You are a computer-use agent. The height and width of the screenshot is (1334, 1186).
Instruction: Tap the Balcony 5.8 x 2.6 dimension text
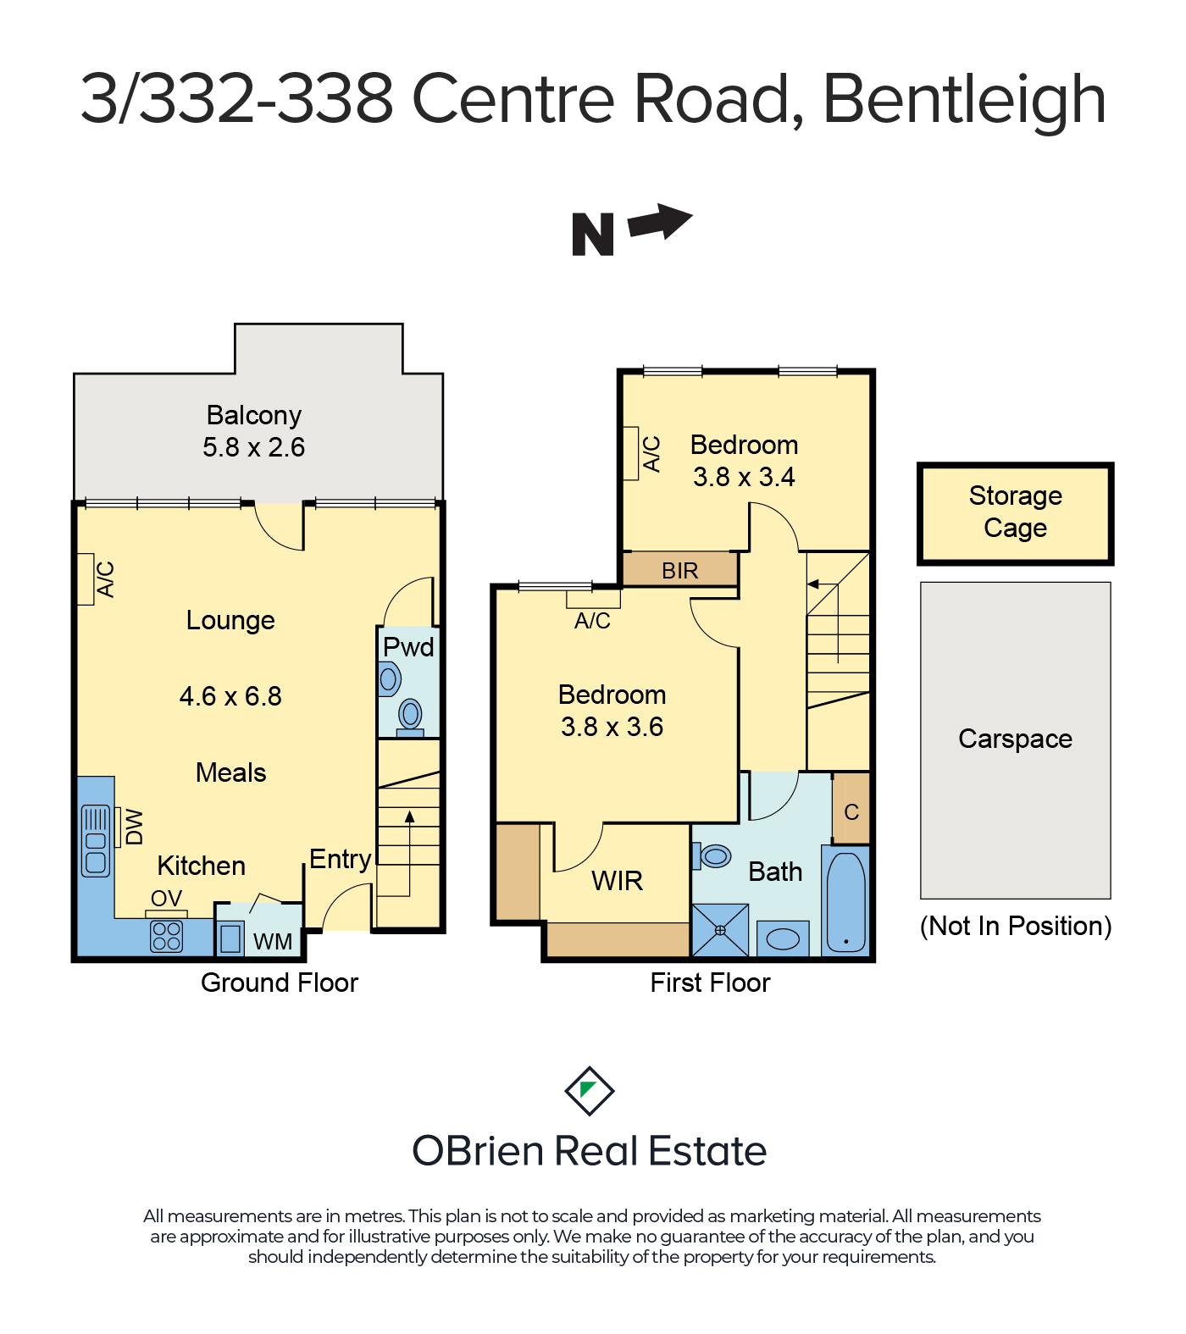coord(253,447)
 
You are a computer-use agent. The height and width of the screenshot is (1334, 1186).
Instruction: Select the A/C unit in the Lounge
coord(85,579)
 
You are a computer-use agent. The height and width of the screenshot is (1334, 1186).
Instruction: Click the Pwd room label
coord(408,647)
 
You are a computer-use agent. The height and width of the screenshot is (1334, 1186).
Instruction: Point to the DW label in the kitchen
coord(134,828)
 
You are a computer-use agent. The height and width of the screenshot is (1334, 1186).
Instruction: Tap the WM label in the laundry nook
coord(273,942)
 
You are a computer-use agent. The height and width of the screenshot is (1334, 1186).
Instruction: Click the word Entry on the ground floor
coord(341,860)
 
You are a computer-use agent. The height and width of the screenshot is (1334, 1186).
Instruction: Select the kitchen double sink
coord(96,840)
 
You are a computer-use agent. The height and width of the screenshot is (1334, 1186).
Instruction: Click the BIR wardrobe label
coord(680,571)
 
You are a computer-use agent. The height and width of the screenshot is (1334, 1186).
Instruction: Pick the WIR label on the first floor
coord(618,881)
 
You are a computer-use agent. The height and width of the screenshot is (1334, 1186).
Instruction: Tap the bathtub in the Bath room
coord(845,902)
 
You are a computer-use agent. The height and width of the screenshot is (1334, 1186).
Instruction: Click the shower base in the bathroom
coord(720,930)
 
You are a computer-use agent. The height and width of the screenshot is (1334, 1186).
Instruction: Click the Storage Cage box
coord(1015,513)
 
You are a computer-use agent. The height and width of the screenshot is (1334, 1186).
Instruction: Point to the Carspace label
coord(1015,739)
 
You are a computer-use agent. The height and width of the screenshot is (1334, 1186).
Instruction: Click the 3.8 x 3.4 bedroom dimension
coord(744,477)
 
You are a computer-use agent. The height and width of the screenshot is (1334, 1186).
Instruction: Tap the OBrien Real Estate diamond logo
coord(590,1091)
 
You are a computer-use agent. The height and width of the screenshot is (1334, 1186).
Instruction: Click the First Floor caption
coord(710,983)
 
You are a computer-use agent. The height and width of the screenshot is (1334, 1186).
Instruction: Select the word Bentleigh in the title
coord(965,100)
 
